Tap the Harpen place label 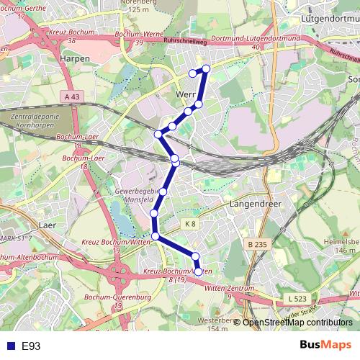point(76,58)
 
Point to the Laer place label point(47,225)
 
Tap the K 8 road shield point(189,224)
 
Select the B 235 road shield point(257,245)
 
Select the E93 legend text point(31,346)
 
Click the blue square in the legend point(10,346)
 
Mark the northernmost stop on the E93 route point(206,68)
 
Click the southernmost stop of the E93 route point(199,271)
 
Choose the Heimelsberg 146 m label point(340,246)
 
